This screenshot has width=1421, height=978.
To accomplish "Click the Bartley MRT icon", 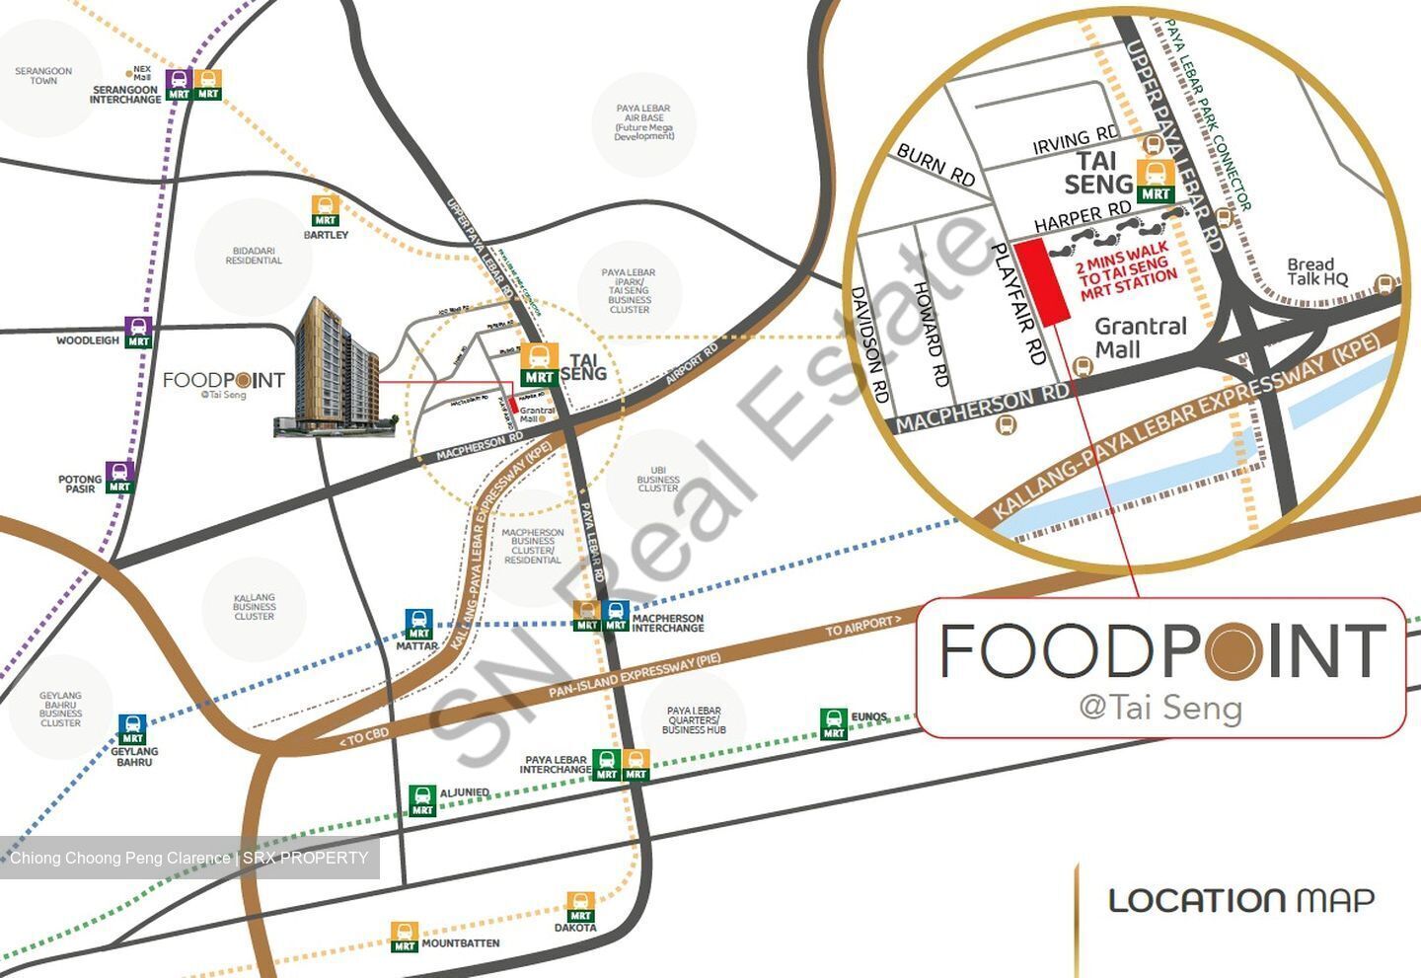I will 326,211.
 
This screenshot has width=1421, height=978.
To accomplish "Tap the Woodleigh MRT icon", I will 139,333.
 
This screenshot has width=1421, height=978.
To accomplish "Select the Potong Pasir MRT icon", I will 119,477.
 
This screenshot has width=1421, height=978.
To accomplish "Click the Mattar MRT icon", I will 418,624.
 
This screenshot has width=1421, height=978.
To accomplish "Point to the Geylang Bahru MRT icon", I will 132,729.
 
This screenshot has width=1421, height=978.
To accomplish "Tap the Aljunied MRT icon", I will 422,800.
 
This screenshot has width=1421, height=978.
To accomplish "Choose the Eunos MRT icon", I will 834,724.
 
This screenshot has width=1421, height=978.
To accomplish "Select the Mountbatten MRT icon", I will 405,936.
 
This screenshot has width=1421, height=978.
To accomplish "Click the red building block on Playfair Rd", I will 1043,281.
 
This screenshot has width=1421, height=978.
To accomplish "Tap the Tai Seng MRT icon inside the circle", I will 1156,180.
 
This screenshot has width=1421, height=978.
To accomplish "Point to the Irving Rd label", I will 1076,142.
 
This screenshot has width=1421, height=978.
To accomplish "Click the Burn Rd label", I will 935,166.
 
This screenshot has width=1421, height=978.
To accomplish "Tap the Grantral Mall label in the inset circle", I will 1141,338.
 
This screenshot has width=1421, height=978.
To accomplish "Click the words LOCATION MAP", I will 1241,900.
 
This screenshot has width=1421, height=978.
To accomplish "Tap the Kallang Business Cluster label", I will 255,607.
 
